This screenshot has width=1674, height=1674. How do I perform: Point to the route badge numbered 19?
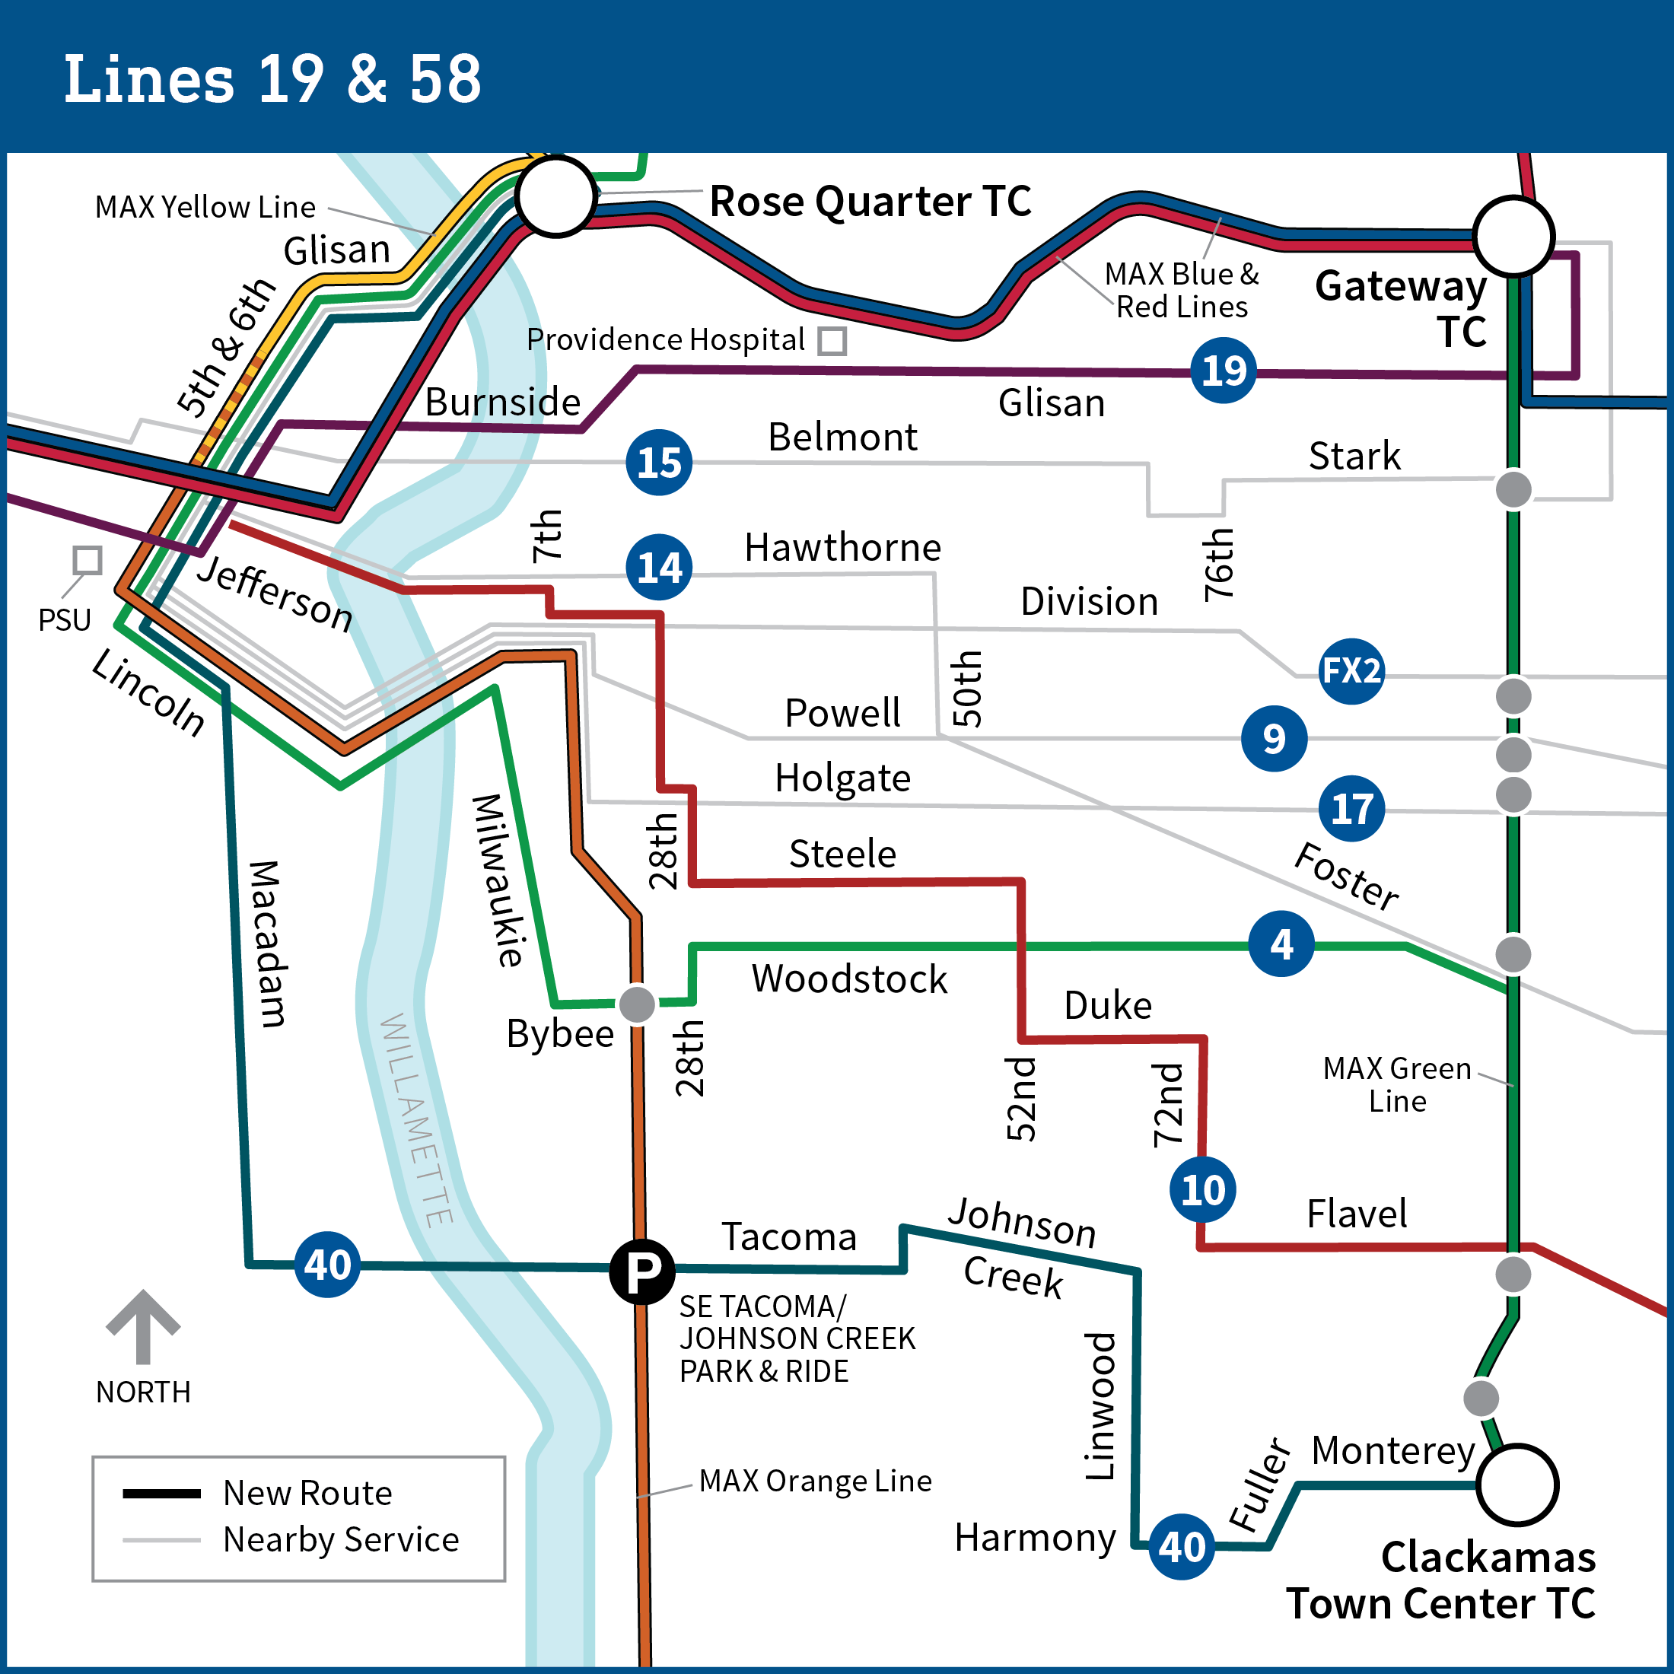click(1224, 371)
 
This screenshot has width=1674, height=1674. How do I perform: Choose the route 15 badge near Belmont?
click(660, 463)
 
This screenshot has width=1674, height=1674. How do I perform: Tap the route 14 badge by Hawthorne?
click(660, 568)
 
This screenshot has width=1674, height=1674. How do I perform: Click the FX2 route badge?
click(1351, 670)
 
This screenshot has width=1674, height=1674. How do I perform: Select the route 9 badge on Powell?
click(1274, 738)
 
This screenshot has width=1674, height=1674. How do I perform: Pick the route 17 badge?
click(1351, 808)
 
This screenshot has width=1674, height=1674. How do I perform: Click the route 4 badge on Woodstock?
click(1281, 944)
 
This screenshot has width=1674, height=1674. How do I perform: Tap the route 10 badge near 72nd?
click(1203, 1189)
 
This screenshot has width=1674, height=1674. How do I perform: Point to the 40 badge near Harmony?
click(1182, 1547)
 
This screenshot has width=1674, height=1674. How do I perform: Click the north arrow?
click(143, 1326)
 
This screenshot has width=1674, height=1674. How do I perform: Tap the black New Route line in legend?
click(162, 1493)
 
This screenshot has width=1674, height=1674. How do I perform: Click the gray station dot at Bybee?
click(637, 1004)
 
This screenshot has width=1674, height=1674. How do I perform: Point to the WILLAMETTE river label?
click(417, 1119)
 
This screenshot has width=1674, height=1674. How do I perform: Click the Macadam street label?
click(267, 944)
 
